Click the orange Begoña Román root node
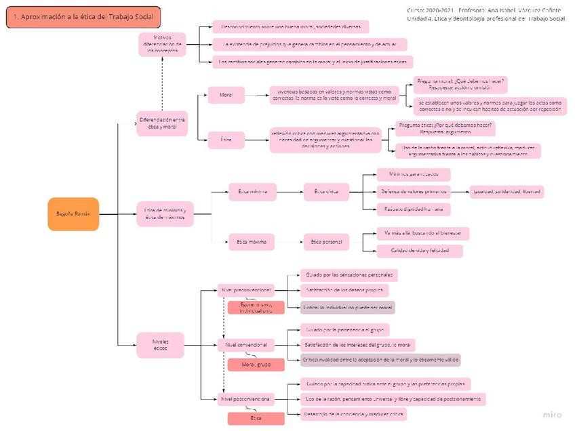click(73, 214)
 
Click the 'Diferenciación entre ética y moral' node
click(162, 123)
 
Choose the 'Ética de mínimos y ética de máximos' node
click(165, 214)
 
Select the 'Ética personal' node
click(325, 241)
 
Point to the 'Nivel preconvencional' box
click(246, 291)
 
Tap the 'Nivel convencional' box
click(245, 346)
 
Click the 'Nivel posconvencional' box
click(246, 399)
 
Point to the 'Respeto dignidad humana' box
click(413, 208)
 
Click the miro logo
click(552, 414)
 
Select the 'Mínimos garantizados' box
click(413, 175)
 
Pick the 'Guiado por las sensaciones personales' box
click(349, 275)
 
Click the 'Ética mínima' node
click(252, 192)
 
